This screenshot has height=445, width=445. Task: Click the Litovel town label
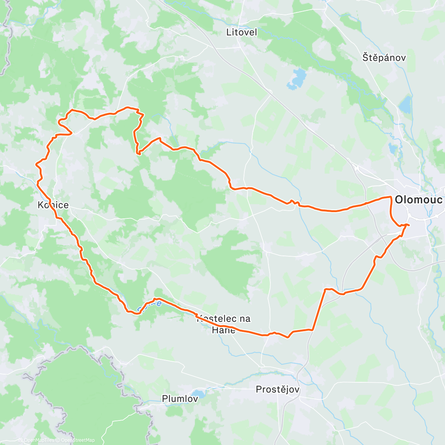[241, 33]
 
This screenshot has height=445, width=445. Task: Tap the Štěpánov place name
[384, 58]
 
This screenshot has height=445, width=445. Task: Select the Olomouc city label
[418, 200]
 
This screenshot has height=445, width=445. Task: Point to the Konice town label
[53, 205]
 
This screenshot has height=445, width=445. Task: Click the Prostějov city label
[277, 390]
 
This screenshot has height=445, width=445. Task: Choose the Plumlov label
[179, 399]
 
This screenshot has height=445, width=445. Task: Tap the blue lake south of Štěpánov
[406, 105]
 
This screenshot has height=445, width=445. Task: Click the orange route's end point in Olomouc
[408, 225]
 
